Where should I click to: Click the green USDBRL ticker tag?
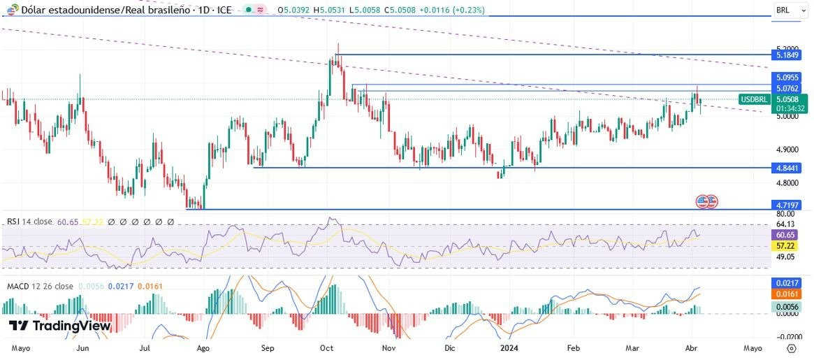point(755,100)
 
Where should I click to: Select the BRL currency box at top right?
point(790,10)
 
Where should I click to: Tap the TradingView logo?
point(59,326)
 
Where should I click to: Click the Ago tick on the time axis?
point(204,347)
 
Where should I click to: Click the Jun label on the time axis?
point(82,347)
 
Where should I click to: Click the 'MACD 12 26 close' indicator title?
point(39,287)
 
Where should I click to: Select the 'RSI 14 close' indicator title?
point(29,222)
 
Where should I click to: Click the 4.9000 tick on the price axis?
point(787,150)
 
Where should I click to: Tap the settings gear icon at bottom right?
point(791,347)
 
